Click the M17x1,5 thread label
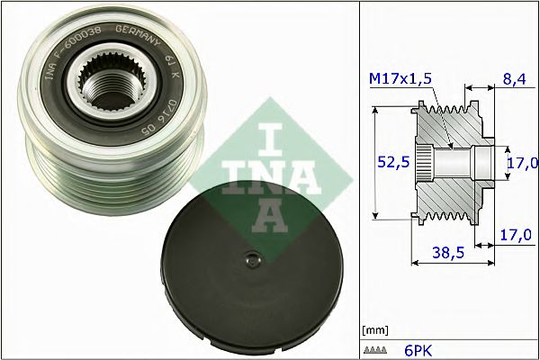pyautogui.click(x=400, y=80)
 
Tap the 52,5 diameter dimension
pyautogui.click(x=388, y=163)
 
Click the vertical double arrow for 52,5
pyautogui.click(x=374, y=162)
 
